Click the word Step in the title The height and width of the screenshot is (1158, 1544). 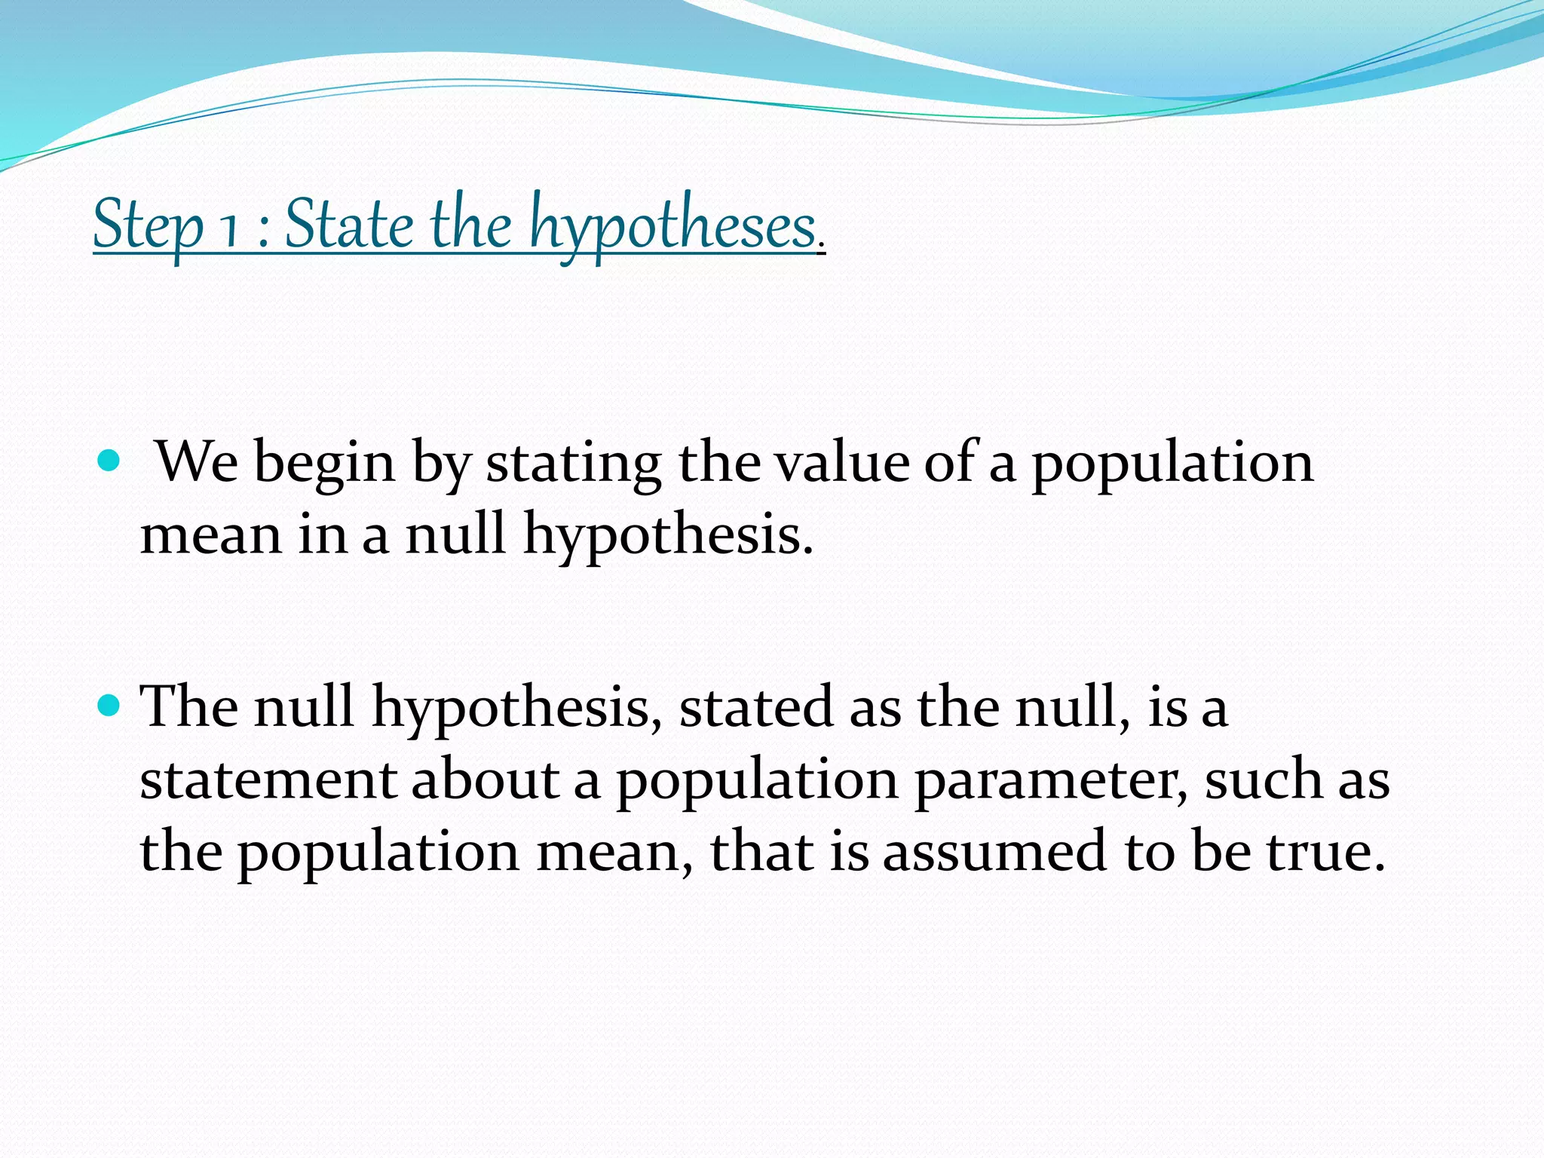[x=148, y=225]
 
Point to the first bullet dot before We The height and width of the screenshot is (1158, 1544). [x=109, y=460]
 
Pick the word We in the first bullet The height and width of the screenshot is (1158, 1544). [x=197, y=461]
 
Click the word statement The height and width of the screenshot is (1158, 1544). [x=268, y=780]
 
